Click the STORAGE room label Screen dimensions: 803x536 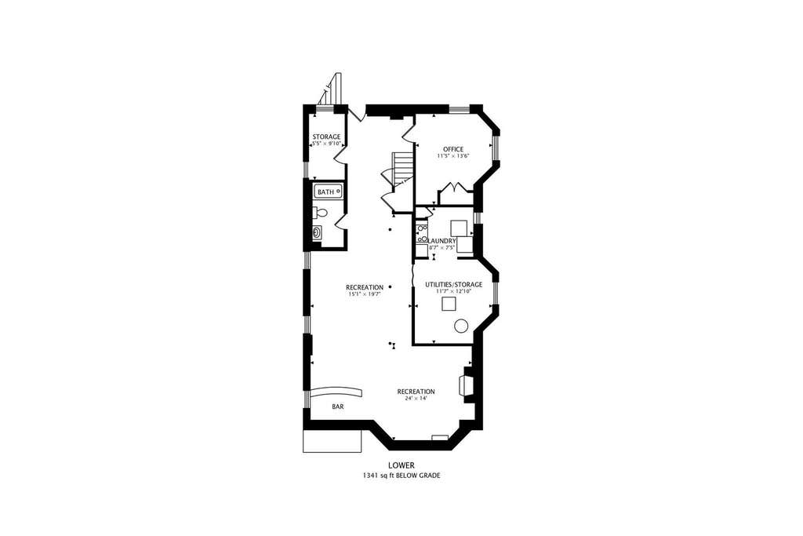pos(326,137)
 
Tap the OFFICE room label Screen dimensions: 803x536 pos(453,149)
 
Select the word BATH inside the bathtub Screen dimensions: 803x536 pos(325,192)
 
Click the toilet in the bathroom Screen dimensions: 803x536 pos(320,212)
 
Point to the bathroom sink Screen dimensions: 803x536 pos(318,232)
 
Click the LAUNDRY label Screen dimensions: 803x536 pos(441,241)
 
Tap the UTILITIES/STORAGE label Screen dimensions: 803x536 pos(454,284)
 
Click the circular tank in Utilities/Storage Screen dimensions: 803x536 pos(461,326)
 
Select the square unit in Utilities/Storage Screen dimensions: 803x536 pos(449,304)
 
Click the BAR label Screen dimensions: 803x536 pos(337,407)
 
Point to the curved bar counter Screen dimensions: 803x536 pos(336,392)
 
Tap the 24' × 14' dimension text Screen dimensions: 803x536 pos(416,398)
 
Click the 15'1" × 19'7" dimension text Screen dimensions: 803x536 pos(364,294)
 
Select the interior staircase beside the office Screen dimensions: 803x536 pos(402,169)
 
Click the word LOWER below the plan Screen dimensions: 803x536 pos(401,465)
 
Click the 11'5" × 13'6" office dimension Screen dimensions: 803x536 pos(453,156)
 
